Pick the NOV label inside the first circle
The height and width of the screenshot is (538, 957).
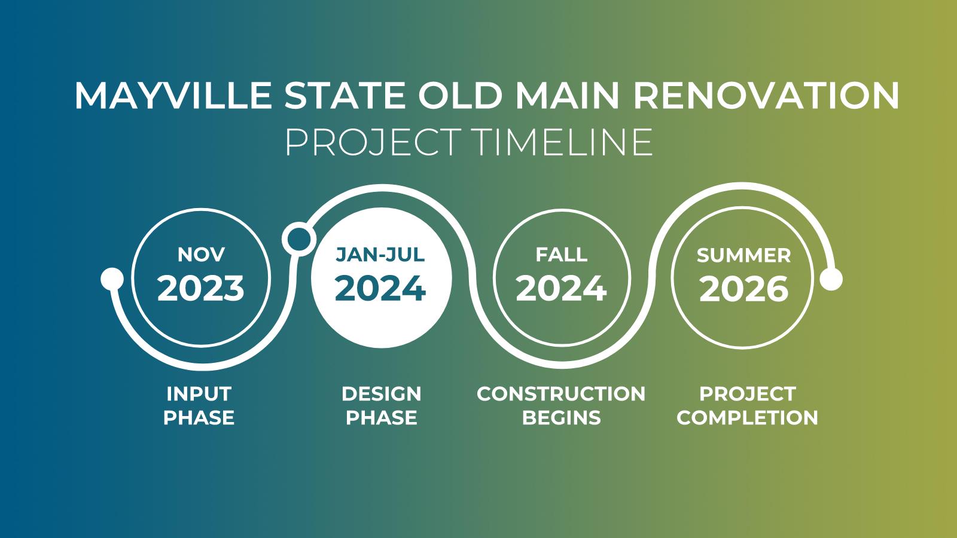coord(201,255)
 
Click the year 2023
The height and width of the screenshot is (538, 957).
coord(201,288)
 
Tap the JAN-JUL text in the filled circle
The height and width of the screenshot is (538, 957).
coord(380,255)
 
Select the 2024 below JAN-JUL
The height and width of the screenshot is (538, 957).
coord(380,288)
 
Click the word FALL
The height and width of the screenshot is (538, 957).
coord(561,255)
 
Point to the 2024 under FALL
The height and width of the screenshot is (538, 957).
coord(561,288)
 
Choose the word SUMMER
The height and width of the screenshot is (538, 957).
coord(743,256)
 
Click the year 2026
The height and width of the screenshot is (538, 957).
coord(743,289)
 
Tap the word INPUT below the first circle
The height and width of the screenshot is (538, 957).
coord(199,394)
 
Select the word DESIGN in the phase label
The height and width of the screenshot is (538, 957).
coord(381,394)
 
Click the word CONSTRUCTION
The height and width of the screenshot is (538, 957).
coord(561,394)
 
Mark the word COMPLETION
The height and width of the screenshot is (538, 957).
coord(747,417)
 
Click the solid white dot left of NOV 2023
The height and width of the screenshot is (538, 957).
coord(112,278)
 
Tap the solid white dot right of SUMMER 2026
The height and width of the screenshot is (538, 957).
coord(831,279)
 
